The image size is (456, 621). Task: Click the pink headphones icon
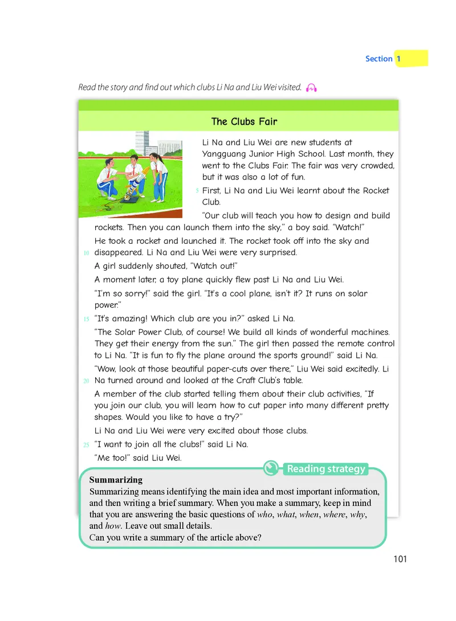point(311,88)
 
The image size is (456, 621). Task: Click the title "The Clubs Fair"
point(244,121)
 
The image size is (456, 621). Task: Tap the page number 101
point(400,559)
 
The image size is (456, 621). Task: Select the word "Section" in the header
point(378,59)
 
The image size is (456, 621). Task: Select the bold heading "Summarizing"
point(116,480)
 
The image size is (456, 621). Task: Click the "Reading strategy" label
point(325,469)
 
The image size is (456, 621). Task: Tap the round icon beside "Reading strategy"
point(271,468)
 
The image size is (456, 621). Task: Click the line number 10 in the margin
point(86,253)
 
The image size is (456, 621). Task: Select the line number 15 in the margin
point(86,319)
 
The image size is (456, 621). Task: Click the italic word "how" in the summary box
point(97,526)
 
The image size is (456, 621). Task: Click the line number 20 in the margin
point(86,381)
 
